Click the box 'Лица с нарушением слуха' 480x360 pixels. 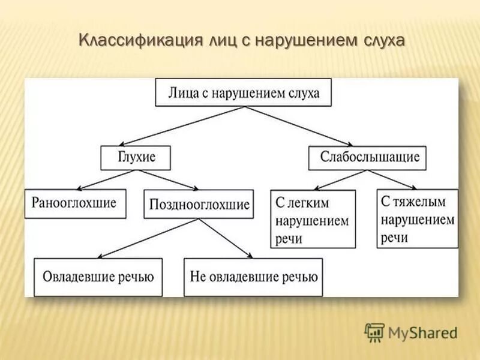click(243, 92)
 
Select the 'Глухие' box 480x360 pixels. click(136, 157)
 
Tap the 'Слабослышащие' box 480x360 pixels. click(367, 158)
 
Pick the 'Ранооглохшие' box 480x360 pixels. click(75, 203)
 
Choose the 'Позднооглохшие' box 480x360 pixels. click(198, 205)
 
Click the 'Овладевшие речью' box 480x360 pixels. click(98, 277)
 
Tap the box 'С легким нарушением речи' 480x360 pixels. click(313, 219)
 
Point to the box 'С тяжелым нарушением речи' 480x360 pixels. click(418, 218)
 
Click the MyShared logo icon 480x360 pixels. click(374, 332)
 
